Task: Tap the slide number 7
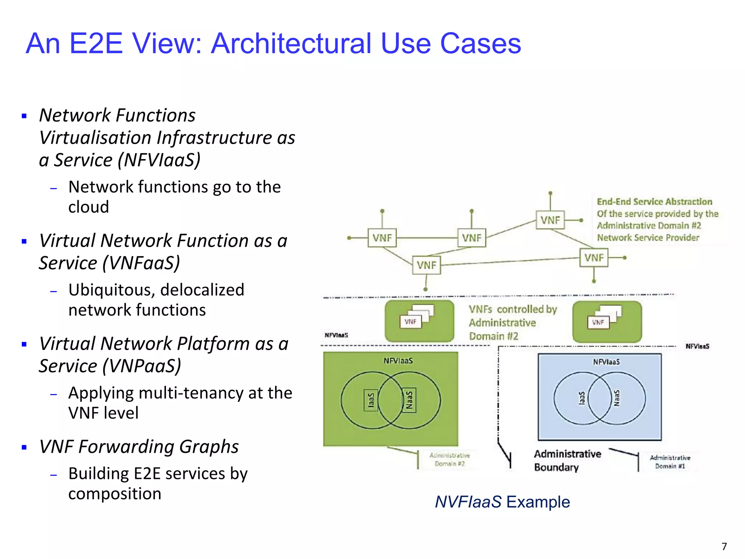pyautogui.click(x=724, y=546)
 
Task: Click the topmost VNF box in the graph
pyautogui.click(x=550, y=220)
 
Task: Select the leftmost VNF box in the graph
pyautogui.click(x=382, y=238)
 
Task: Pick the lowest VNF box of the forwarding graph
pyautogui.click(x=426, y=265)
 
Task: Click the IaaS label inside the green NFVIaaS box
pyautogui.click(x=371, y=400)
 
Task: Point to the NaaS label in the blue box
pyautogui.click(x=616, y=398)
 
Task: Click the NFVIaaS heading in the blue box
pyautogui.click(x=606, y=362)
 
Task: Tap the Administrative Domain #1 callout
pyautogui.click(x=670, y=462)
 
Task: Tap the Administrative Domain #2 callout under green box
pyautogui.click(x=450, y=460)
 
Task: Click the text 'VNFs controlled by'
pyautogui.click(x=513, y=309)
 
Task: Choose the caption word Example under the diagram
pyautogui.click(x=538, y=502)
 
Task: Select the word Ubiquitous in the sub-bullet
pyautogui.click(x=112, y=290)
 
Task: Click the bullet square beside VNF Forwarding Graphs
pyautogui.click(x=24, y=448)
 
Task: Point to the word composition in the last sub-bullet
pyautogui.click(x=115, y=494)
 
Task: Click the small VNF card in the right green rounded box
pyautogui.click(x=598, y=322)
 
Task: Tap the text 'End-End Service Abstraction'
pyautogui.click(x=654, y=202)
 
